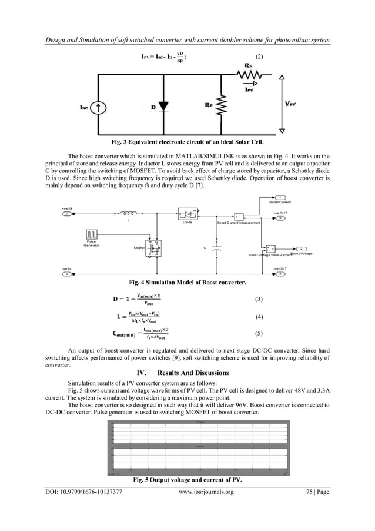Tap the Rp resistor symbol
tap(222, 108)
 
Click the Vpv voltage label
tap(290, 104)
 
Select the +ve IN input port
tap(68, 214)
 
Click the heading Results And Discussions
tap(187, 373)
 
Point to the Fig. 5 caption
tap(187, 480)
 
